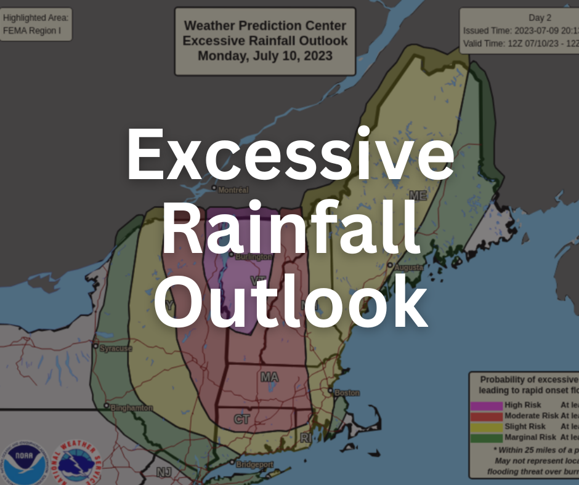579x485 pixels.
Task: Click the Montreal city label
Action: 233,190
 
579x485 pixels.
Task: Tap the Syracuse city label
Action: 116,348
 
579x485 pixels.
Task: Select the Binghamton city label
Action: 132,408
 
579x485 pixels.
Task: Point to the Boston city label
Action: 346,392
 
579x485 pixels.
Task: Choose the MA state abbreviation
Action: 269,376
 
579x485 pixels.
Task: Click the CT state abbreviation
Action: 241,420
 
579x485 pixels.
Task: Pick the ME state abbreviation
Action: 418,196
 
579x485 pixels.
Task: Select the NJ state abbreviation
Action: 163,472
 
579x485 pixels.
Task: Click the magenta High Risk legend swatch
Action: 486,406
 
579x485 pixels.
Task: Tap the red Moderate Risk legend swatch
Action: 486,416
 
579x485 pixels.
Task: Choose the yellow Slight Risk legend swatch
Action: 486,427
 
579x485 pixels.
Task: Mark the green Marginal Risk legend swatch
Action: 486,438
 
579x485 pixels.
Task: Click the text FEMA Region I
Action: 32,30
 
